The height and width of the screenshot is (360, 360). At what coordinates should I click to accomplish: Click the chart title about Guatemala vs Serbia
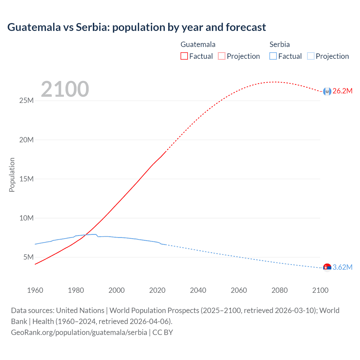(136, 27)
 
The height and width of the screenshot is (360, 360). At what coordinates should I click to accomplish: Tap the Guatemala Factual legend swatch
(184, 56)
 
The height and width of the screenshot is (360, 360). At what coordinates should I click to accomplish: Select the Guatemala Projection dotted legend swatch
(221, 56)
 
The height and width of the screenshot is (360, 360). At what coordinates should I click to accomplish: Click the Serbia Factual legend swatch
(273, 56)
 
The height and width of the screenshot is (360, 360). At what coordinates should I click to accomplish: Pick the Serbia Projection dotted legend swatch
(310, 56)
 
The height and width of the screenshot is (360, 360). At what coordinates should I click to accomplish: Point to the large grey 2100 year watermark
(65, 89)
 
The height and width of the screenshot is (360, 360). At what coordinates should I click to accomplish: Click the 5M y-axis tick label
(28, 257)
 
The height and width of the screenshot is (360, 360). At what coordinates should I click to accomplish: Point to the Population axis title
(12, 175)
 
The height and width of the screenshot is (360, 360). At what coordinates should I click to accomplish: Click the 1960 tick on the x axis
(35, 290)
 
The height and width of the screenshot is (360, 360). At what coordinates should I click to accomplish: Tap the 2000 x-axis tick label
(116, 290)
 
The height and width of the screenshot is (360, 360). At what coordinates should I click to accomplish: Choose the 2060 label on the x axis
(239, 290)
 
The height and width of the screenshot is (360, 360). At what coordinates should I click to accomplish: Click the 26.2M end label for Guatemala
(342, 91)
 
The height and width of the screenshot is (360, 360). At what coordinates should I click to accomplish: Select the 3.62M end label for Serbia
(342, 267)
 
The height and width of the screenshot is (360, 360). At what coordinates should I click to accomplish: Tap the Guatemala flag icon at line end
(327, 91)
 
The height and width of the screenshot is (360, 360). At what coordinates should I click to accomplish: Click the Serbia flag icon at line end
(327, 267)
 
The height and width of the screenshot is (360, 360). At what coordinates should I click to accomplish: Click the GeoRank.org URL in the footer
(79, 332)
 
